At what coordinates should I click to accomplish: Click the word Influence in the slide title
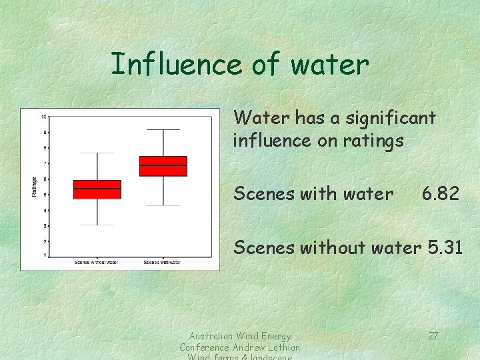[167, 64]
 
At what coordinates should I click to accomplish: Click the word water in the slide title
[329, 65]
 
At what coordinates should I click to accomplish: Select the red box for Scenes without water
[97, 189]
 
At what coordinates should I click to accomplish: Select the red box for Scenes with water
[163, 166]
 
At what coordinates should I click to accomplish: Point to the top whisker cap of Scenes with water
[163, 129]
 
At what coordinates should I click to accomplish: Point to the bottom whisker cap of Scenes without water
[97, 225]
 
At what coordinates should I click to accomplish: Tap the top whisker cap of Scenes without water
[97, 153]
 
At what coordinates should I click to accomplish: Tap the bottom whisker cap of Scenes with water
[163, 205]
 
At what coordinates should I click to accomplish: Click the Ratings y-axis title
[35, 186]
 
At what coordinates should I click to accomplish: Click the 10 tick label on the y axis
[43, 117]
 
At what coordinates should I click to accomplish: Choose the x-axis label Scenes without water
[97, 262]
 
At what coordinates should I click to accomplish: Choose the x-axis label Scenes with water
[162, 262]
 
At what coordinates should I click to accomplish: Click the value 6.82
[440, 194]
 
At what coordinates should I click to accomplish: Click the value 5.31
[445, 247]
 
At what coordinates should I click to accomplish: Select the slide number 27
[433, 335]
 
